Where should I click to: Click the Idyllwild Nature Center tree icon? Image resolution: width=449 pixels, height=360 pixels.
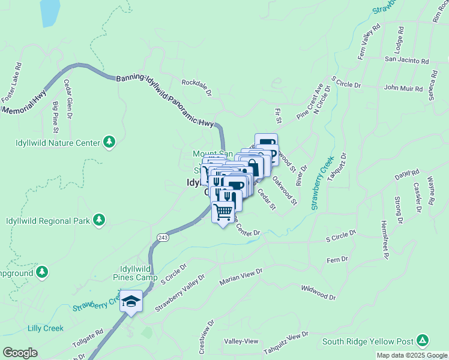109,142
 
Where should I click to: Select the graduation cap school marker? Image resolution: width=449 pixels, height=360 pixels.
131,301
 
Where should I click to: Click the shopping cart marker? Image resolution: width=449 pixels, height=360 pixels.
223,211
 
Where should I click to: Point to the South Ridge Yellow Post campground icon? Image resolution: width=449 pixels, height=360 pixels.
423,341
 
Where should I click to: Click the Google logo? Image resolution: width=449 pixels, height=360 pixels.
20,353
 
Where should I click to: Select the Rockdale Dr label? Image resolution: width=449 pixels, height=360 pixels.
197,88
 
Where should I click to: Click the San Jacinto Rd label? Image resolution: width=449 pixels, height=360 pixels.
406,61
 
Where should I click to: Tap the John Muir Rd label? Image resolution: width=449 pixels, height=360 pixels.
403,88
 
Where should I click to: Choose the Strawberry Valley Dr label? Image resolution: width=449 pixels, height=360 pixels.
179,293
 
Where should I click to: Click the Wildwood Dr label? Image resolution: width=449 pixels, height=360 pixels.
318,292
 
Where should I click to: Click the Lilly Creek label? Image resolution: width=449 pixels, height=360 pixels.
45,328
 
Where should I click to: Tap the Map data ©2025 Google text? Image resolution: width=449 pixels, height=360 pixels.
411,355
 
